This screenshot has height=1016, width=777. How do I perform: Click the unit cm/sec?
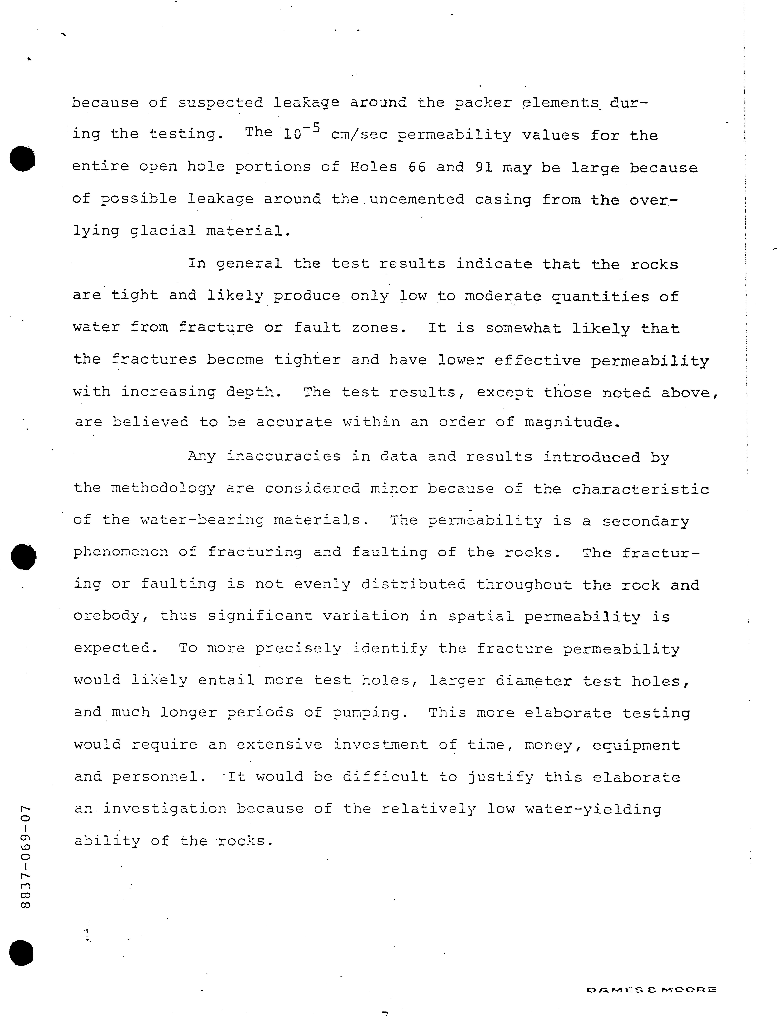pos(359,135)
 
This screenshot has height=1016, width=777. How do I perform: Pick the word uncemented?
pos(417,199)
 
